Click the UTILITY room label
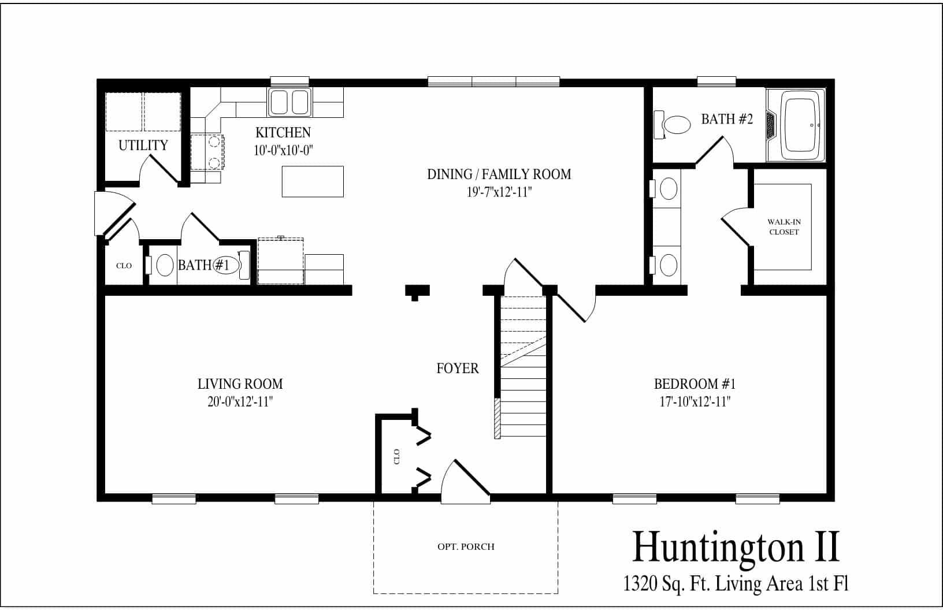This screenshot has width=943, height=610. point(143,145)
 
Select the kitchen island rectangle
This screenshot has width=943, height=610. point(313,181)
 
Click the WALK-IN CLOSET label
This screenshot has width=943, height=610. point(784,226)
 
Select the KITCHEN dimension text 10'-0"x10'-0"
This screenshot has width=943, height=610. point(283,150)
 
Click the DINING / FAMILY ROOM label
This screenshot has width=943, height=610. point(499,174)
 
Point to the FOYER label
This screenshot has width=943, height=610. point(457,368)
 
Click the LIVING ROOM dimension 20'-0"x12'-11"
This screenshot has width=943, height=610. point(240,401)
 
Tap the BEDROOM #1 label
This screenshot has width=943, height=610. point(694,384)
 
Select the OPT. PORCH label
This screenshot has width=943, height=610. point(466,546)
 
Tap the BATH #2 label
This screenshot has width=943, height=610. point(727,119)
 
